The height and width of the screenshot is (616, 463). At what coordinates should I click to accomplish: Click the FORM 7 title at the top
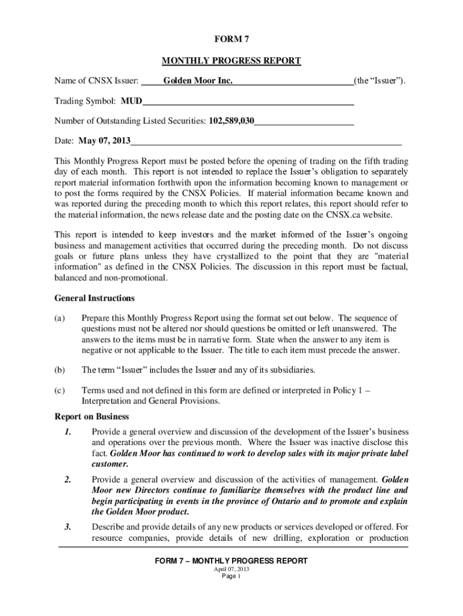(231, 40)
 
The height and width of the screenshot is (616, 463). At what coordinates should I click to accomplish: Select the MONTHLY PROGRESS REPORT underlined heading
(231, 61)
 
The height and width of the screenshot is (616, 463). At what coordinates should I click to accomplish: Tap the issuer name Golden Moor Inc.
(198, 81)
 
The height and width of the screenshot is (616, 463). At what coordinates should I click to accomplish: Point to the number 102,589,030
(231, 121)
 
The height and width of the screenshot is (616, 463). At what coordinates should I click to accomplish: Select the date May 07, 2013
(104, 141)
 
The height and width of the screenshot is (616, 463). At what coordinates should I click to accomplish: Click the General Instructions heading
(94, 298)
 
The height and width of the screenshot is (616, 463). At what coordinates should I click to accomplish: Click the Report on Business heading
(91, 416)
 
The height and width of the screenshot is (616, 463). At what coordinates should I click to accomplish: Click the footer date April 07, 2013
(231, 568)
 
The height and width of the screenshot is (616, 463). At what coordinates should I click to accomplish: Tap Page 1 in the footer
(231, 576)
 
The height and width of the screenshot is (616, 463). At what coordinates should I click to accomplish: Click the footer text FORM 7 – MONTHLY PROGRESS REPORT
(231, 561)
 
